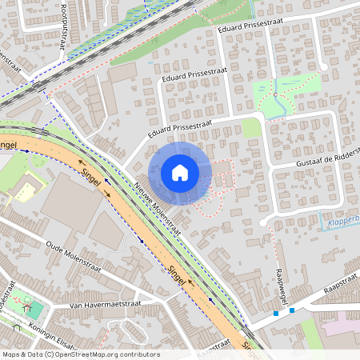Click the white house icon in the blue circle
pyautogui.click(x=180, y=172)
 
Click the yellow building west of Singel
pyautogui.click(x=26, y=191)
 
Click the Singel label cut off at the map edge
pyautogui.click(x=9, y=144)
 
